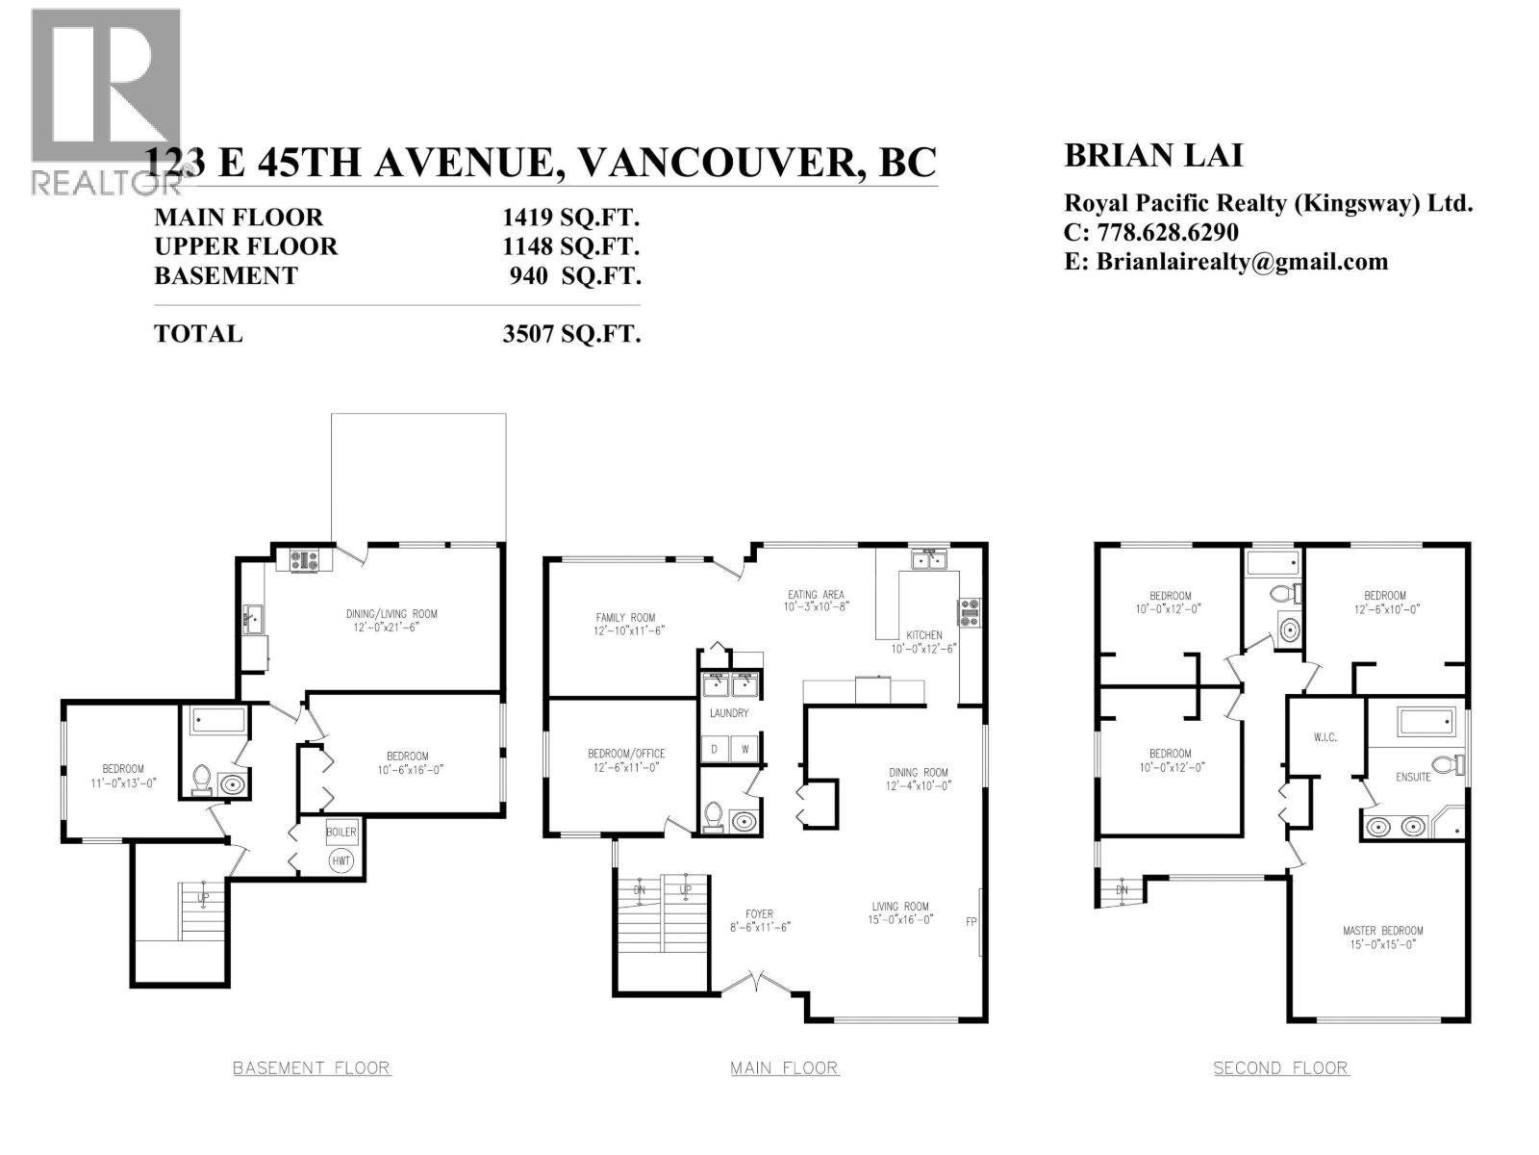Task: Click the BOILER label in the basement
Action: click(341, 832)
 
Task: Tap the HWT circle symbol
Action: click(341, 860)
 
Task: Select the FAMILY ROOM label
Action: click(625, 618)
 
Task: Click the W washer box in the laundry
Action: click(744, 749)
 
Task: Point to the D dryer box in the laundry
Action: click(715, 749)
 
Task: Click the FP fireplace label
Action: click(971, 921)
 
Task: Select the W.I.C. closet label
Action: click(1325, 737)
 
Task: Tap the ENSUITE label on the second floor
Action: click(1413, 777)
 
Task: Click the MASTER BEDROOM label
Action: click(1382, 931)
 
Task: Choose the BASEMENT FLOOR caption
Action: click(312, 1068)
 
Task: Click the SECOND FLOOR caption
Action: click(1280, 1068)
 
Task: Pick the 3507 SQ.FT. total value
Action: click(571, 334)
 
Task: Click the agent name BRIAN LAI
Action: click(1153, 156)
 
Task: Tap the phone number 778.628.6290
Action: click(1168, 232)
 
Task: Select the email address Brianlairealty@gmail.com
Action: click(1242, 262)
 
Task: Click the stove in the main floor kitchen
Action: click(970, 613)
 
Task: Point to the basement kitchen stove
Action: click(304, 559)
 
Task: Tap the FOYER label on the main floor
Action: click(759, 913)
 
